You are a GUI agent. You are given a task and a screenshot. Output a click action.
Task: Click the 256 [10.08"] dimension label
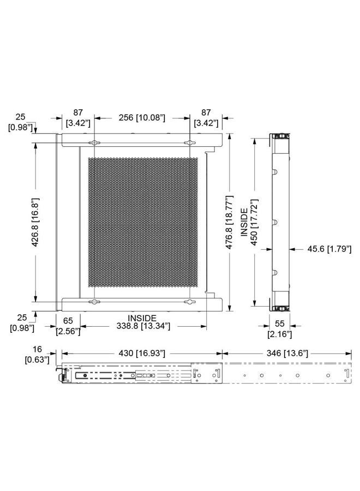tap(141, 118)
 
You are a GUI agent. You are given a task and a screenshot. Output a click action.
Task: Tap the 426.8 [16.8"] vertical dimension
tap(35, 222)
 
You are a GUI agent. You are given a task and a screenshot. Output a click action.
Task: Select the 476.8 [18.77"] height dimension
tap(230, 222)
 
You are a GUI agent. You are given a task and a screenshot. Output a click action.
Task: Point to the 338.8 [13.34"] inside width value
tap(143, 326)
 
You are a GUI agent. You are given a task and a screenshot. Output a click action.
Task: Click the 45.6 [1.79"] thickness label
tap(329, 249)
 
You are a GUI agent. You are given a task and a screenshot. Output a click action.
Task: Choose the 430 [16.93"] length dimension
tap(141, 353)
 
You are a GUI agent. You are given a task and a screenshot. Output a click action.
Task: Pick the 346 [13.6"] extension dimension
tap(287, 353)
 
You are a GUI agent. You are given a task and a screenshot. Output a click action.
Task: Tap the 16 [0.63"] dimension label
tap(37, 355)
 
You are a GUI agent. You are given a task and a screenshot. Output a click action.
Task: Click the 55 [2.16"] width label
tap(280, 329)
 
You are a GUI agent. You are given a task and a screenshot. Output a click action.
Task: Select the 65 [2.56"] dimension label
tap(68, 326)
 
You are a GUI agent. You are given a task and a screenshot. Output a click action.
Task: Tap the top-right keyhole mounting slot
tap(189, 143)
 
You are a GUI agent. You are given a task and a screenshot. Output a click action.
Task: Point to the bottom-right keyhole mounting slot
tap(189, 302)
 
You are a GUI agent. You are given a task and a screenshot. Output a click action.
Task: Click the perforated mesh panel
tap(143, 222)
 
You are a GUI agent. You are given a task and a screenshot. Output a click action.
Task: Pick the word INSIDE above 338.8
tap(142, 318)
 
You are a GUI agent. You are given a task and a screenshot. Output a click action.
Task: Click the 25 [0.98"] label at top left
tap(20, 122)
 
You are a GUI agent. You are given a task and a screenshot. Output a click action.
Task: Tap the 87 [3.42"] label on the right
tap(206, 118)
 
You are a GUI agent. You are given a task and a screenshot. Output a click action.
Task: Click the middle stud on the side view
tap(275, 221)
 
